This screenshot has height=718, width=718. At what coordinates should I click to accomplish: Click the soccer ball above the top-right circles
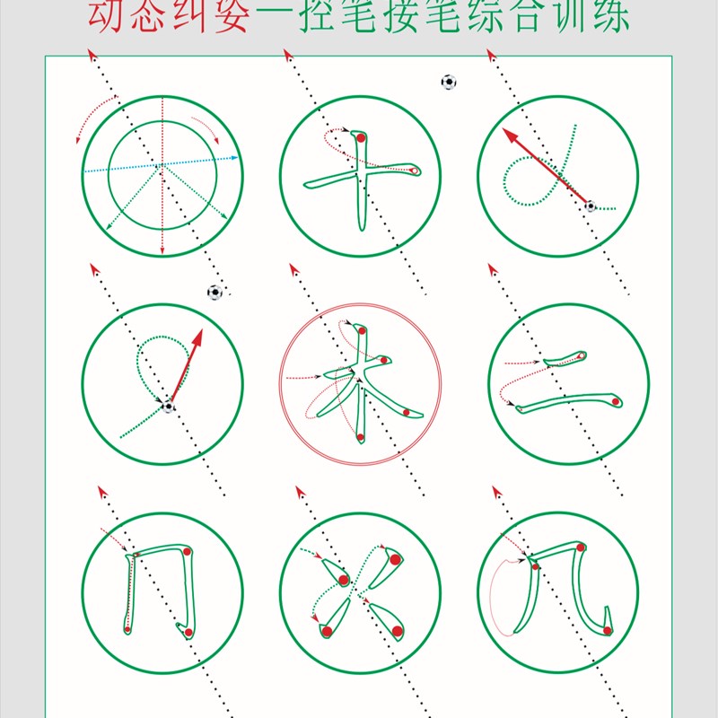click(449, 82)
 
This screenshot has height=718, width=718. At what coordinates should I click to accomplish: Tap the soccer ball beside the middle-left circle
click(215, 292)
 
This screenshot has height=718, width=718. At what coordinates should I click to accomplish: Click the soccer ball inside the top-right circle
click(590, 206)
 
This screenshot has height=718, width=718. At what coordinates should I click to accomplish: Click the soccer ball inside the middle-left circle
click(169, 407)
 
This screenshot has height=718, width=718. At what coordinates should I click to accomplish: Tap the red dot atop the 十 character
click(358, 139)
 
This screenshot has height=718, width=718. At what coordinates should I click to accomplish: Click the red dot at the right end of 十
click(414, 170)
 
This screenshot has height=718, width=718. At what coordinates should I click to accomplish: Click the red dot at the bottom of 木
click(360, 437)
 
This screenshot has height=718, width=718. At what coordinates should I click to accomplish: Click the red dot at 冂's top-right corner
click(185, 551)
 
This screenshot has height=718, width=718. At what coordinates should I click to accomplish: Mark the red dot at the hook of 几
click(608, 630)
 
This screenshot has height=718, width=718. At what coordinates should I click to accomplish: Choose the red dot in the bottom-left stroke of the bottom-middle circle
click(327, 631)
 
